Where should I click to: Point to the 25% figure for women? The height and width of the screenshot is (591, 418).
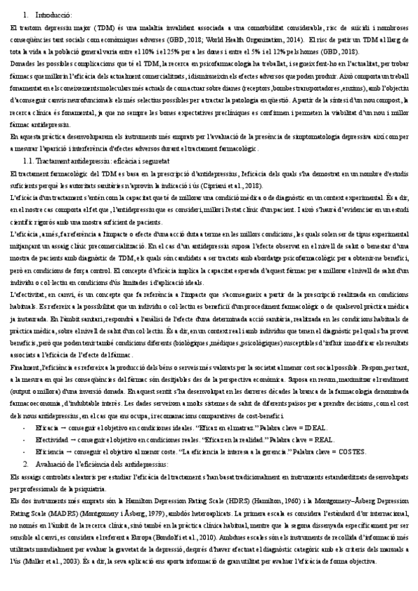pyautogui.click(x=219, y=52)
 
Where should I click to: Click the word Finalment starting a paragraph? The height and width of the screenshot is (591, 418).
pyautogui.click(x=26, y=365)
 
